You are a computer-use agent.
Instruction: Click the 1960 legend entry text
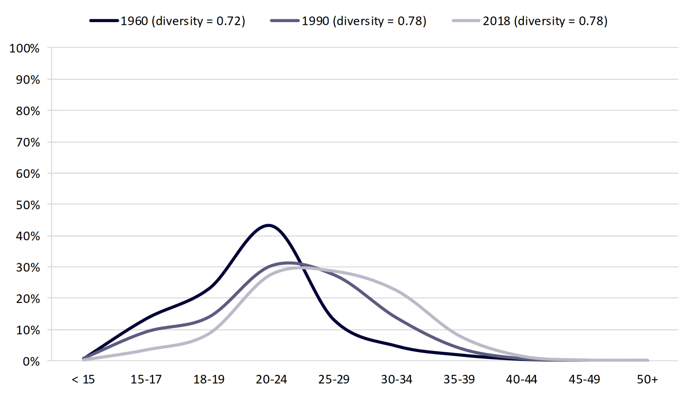pyautogui.click(x=183, y=21)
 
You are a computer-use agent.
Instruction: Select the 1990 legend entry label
pyautogui.click(x=364, y=21)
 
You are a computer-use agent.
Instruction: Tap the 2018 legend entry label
pyautogui.click(x=545, y=21)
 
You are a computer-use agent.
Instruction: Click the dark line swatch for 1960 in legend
pyautogui.click(x=104, y=21)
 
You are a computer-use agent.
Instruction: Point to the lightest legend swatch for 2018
pyautogui.click(x=466, y=21)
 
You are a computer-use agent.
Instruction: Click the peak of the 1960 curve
pyautogui.click(x=268, y=225)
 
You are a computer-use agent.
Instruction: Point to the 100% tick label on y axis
pyautogui.click(x=24, y=48)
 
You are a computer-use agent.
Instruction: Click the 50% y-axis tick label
pyautogui.click(x=27, y=205)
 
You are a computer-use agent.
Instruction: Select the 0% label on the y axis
pyautogui.click(x=31, y=361)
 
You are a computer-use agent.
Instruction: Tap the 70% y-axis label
pyautogui.click(x=27, y=142)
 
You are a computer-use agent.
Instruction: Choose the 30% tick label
pyautogui.click(x=27, y=267)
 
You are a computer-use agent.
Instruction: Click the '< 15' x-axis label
pyautogui.click(x=83, y=380)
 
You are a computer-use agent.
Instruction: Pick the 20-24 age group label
pyautogui.click(x=271, y=380)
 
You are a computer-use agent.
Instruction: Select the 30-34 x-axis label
pyautogui.click(x=396, y=380)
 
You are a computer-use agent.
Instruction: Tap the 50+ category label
pyautogui.click(x=647, y=380)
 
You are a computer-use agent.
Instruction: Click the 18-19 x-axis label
pyautogui.click(x=209, y=380)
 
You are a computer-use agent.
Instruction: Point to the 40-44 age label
pyautogui.click(x=522, y=380)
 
